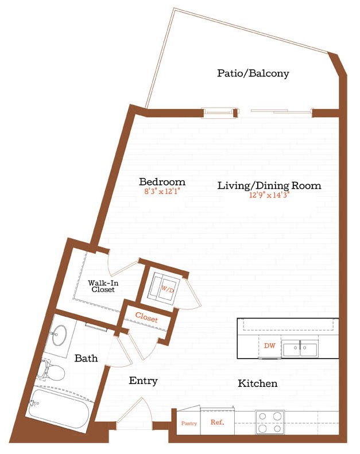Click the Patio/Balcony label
click(x=253, y=73)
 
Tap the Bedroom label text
click(x=162, y=182)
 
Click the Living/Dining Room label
click(x=269, y=185)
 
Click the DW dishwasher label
click(x=270, y=346)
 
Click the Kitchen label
click(x=258, y=383)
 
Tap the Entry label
click(x=143, y=381)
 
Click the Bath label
click(x=86, y=358)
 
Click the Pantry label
click(x=189, y=424)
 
